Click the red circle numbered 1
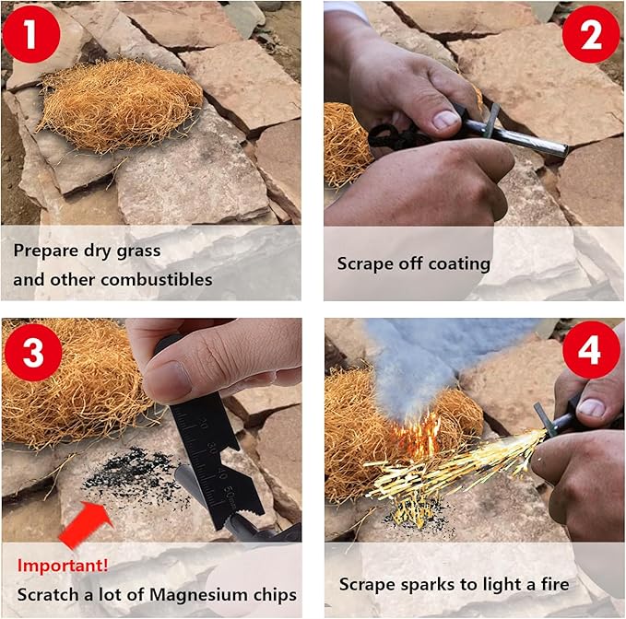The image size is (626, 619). pos(31,33)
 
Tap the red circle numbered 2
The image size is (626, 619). pos(591,34)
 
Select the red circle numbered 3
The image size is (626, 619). pos(33,353)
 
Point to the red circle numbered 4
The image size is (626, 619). pos(591,350)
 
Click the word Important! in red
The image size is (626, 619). pos(63,566)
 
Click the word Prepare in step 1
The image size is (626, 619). pos(46,251)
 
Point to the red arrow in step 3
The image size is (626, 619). pos(85,523)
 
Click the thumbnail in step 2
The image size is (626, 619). pos(446,119)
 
